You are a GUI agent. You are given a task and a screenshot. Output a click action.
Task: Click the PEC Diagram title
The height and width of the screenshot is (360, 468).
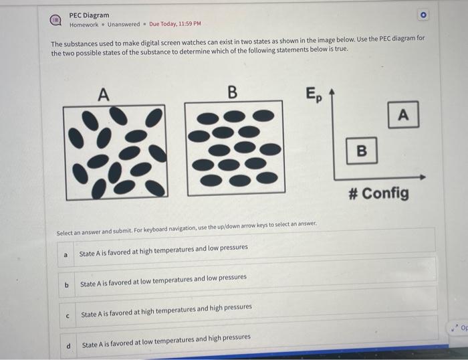point(89,15)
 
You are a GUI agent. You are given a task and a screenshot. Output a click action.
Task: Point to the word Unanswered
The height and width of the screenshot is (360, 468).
point(124,25)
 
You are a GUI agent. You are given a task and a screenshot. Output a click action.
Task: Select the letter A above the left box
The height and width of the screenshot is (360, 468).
point(103,94)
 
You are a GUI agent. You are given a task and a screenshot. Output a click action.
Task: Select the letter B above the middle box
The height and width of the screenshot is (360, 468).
point(232,92)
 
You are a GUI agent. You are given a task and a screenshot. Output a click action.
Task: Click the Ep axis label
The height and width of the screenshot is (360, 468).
point(313,94)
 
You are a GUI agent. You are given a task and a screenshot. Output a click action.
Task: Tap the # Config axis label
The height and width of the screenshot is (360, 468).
point(378,193)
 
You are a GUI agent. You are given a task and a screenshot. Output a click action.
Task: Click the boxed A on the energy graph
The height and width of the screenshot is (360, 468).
point(402,115)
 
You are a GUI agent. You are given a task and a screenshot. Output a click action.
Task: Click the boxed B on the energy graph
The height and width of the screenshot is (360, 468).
point(361,151)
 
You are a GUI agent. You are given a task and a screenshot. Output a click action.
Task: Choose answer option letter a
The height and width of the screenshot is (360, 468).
point(66,254)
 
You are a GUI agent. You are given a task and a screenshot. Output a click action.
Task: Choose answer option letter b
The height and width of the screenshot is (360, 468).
point(66,285)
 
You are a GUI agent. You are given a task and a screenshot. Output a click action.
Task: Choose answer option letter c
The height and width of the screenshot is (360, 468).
point(67,315)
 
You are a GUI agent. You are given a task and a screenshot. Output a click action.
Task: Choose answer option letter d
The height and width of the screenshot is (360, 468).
point(68,345)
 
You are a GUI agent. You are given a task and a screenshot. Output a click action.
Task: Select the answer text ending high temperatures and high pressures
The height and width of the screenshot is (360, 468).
point(166,307)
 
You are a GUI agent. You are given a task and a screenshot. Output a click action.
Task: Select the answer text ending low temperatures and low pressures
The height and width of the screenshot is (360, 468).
point(163,278)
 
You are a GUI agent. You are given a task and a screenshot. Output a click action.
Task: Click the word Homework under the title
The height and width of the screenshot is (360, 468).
point(84,25)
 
